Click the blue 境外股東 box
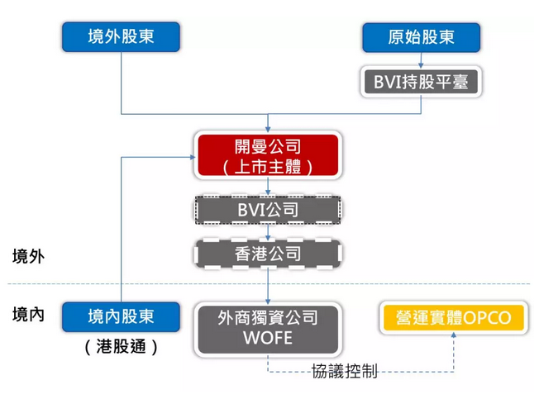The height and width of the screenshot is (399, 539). tap(121, 36)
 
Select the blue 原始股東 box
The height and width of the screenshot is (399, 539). tap(421, 36)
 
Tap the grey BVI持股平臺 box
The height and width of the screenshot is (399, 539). tap(421, 81)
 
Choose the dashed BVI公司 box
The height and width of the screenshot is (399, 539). tap(268, 210)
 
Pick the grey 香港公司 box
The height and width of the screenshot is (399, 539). tap(268, 254)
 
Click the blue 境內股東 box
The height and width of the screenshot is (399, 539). tap(121, 317)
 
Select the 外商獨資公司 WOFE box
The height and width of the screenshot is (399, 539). tap(268, 327)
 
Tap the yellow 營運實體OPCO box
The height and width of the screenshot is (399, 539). tap(454, 318)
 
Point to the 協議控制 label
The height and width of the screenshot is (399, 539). tap(345, 372)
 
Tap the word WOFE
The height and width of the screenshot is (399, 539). tap(268, 338)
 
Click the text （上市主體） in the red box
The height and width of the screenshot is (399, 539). tap(268, 166)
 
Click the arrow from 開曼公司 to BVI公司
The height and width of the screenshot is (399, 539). tap(268, 188)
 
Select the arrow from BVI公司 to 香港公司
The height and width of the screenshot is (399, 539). tap(268, 232)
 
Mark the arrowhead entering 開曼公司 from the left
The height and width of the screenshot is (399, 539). tap(190, 155)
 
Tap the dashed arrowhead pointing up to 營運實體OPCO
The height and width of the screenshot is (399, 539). tap(454, 340)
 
